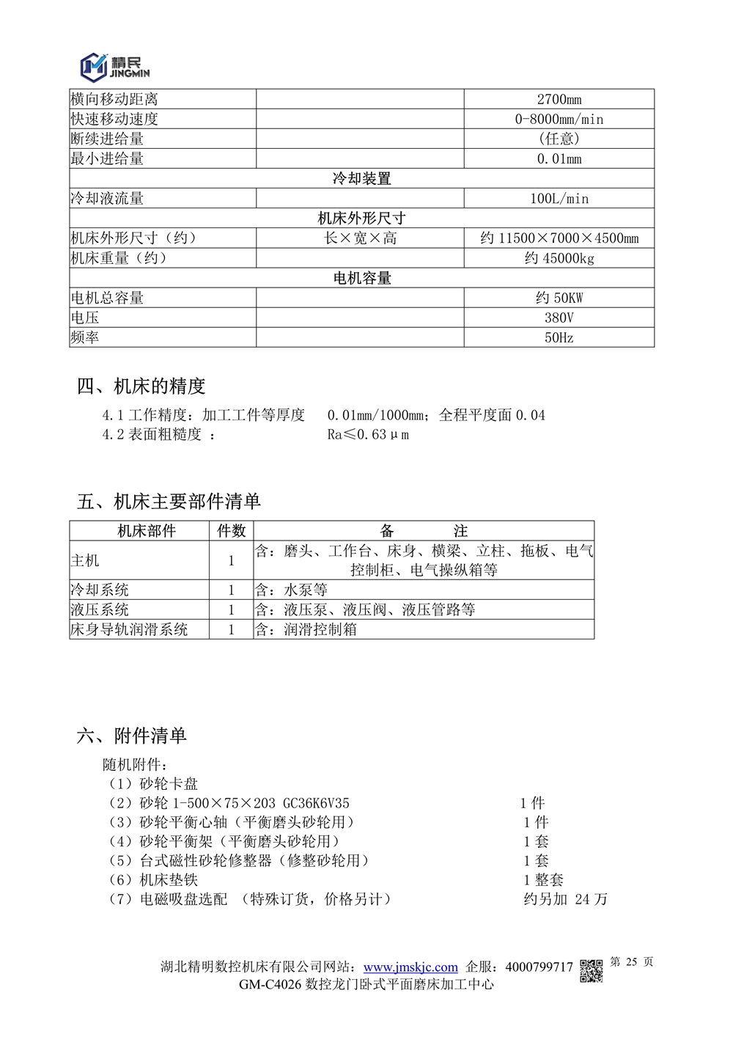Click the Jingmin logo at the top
tap(115, 67)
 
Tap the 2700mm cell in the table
tap(559, 100)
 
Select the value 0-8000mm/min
tap(559, 120)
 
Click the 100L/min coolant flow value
tap(559, 199)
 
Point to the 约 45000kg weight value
tap(559, 258)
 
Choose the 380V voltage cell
tap(559, 318)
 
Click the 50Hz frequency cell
tap(559, 338)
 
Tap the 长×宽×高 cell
tap(360, 238)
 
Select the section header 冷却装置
tap(361, 179)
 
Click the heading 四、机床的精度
tap(141, 386)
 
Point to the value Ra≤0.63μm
tap(368, 435)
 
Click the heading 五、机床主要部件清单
tap(169, 502)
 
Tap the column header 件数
tap(231, 531)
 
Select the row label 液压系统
tap(100, 609)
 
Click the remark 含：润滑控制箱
tap(306, 629)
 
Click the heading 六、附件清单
tap(132, 736)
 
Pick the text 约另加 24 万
tap(565, 899)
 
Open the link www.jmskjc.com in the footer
tap(410, 967)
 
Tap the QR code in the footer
tap(592, 970)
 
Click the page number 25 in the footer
tap(631, 962)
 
